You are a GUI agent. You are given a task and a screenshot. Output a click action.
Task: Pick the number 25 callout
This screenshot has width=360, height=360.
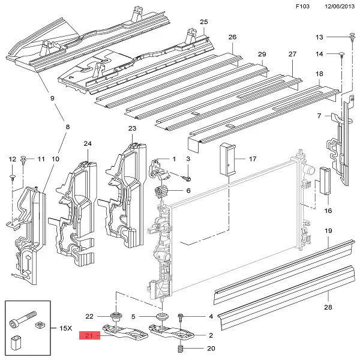tap(203, 22)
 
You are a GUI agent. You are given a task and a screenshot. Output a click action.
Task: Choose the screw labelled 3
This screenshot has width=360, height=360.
tap(188, 179)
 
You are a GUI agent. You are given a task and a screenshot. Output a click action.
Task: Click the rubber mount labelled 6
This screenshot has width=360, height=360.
tap(161, 193)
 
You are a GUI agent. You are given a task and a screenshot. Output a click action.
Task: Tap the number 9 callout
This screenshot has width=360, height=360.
tap(52, 98)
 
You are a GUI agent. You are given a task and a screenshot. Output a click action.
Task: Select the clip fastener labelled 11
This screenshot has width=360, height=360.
tap(25, 159)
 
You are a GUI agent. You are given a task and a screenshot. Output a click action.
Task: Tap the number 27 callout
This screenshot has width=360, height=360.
tap(292, 55)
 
